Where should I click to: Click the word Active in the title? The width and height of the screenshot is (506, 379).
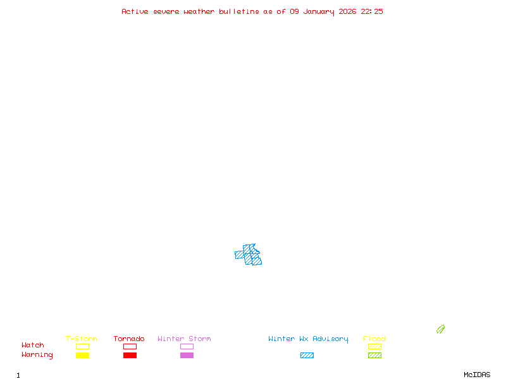tap(135, 11)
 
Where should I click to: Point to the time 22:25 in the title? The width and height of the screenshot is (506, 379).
tap(372, 11)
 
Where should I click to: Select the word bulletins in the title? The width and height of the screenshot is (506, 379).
tap(238, 11)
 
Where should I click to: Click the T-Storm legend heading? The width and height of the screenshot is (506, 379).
tap(82, 339)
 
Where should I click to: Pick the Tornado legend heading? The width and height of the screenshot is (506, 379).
tap(129, 339)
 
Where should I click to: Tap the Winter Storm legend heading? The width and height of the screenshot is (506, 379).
tap(184, 339)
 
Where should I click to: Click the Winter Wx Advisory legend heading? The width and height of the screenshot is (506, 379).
tap(308, 339)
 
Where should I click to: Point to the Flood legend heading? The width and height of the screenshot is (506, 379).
tap(374, 339)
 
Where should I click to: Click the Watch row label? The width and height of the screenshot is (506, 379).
tap(33, 346)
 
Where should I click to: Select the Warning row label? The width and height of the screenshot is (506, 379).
tap(37, 355)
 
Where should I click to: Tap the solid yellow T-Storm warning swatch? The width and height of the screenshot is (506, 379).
tap(82, 356)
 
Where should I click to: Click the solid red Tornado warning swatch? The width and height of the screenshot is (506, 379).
tap(130, 356)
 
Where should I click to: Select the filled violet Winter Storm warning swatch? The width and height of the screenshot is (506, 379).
tap(187, 356)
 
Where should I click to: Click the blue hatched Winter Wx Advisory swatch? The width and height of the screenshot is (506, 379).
tap(307, 356)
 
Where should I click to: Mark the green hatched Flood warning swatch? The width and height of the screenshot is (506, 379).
tap(374, 356)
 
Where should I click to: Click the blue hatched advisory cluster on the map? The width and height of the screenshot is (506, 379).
tap(249, 255)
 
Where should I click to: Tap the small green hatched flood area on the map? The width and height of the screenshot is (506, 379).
tap(440, 329)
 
